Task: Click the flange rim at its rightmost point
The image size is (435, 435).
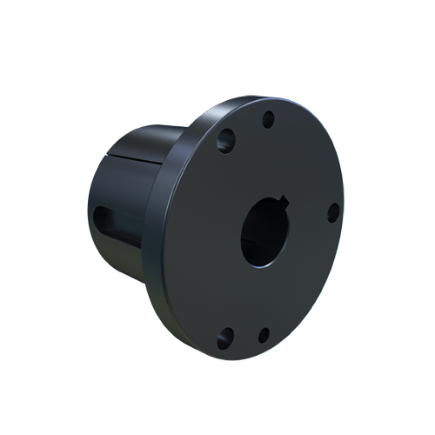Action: pyautogui.click(x=344, y=217)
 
